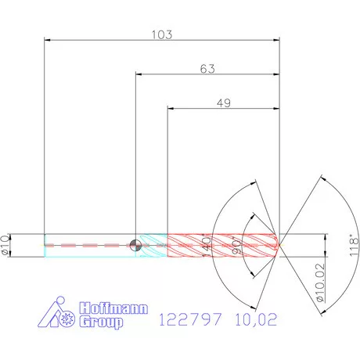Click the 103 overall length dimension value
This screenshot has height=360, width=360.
162,34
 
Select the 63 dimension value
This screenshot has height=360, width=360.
207,69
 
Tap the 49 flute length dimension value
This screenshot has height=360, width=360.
224,103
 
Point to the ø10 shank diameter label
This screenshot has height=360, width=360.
5,246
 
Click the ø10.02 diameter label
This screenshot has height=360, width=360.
321,283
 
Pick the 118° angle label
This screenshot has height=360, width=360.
354,246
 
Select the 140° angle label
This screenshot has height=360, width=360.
207,246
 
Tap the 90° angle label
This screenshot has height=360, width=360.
237,246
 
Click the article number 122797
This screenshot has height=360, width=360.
190,319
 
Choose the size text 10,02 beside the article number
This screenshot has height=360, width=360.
256,319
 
